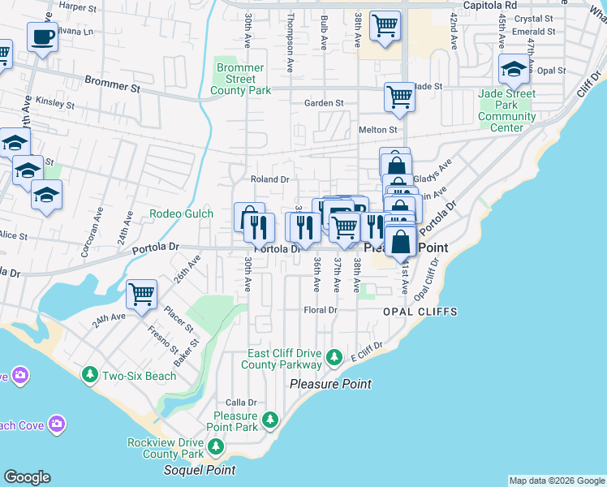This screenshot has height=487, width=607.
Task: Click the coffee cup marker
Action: point(42,37)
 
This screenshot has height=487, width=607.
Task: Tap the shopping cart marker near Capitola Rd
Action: point(385,25)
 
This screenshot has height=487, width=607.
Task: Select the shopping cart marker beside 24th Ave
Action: point(141,295)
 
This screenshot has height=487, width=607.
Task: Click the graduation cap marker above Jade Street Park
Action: point(514,70)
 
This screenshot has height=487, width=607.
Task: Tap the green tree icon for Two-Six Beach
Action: point(89,375)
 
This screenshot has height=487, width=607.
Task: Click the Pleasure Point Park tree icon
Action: point(270,420)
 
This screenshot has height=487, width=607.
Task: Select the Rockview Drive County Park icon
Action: point(215,446)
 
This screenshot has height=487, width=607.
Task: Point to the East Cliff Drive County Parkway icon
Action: point(334,357)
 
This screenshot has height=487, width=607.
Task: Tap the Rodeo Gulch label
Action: point(182,214)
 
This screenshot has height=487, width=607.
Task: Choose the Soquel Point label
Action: point(200,470)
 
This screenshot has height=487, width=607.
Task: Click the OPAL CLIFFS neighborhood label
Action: point(421,312)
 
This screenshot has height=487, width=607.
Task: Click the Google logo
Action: point(27,477)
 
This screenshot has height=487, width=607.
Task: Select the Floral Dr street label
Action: point(320,310)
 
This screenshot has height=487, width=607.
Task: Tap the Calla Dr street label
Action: point(241,402)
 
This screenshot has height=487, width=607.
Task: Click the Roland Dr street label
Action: point(269,179)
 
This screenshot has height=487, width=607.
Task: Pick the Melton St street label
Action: point(377,130)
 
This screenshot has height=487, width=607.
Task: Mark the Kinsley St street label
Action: point(55,105)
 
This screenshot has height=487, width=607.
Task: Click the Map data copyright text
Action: point(557,481)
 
